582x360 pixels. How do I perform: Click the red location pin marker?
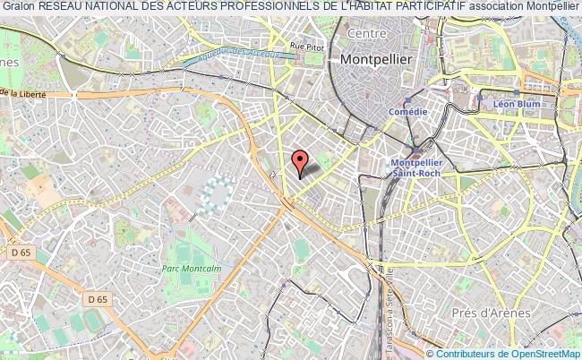coord(300,163)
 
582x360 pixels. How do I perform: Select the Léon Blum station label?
coord(515,105)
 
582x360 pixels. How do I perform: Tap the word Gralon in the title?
coord(18,8)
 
